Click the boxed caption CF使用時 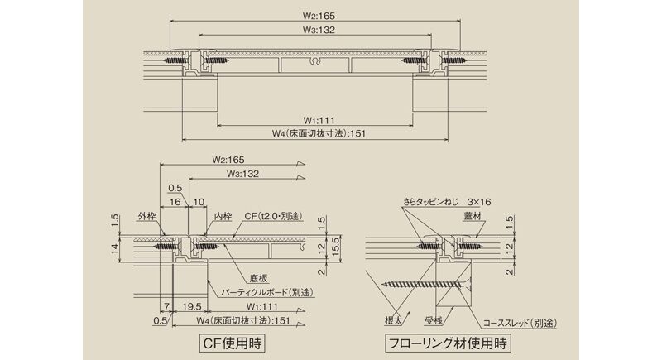pyautogui.click(x=232, y=343)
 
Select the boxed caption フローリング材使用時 pyautogui.click(x=448, y=343)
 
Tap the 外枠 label pyautogui.click(x=146, y=217)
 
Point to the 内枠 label pyautogui.click(x=223, y=217)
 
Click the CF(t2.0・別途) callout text pyautogui.click(x=273, y=216)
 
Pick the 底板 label pyautogui.click(x=259, y=279)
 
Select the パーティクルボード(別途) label pyautogui.click(x=267, y=292)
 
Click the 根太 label pyautogui.click(x=393, y=321)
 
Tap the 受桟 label pyautogui.click(x=433, y=321)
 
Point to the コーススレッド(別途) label pyautogui.click(x=520, y=324)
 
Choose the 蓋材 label pyautogui.click(x=472, y=217)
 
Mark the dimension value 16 pyautogui.click(x=175, y=202)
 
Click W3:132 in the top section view pyautogui.click(x=319, y=30)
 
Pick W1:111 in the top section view pyautogui.click(x=319, y=121)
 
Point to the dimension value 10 pyautogui.click(x=199, y=202)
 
